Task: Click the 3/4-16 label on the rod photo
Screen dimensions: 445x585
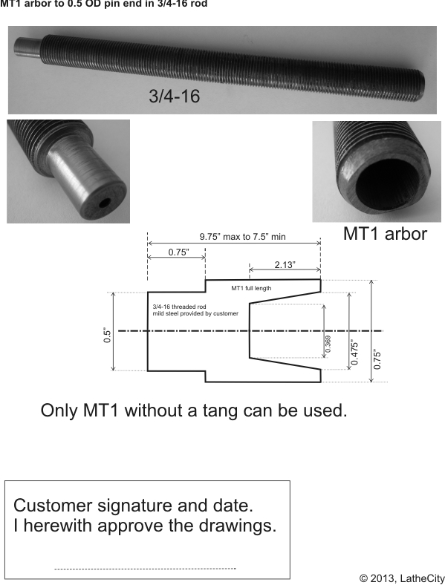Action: (x=175, y=96)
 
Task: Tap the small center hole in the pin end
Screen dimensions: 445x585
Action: (x=105, y=203)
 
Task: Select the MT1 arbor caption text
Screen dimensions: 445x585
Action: (x=385, y=234)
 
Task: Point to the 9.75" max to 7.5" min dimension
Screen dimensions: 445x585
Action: (x=243, y=237)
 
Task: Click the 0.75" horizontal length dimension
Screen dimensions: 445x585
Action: (x=178, y=252)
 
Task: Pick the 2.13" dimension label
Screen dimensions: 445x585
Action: (x=285, y=264)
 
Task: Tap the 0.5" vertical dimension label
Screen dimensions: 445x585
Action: (x=108, y=336)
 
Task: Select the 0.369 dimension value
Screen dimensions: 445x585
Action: (x=328, y=344)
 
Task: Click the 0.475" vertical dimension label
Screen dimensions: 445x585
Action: (x=354, y=352)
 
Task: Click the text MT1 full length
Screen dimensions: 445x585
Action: (x=251, y=288)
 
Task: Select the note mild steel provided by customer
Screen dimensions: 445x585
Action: (x=195, y=313)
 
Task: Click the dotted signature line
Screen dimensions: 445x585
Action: (x=145, y=569)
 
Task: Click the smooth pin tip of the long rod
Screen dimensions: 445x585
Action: (x=26, y=49)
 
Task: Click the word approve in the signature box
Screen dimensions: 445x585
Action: (x=131, y=526)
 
